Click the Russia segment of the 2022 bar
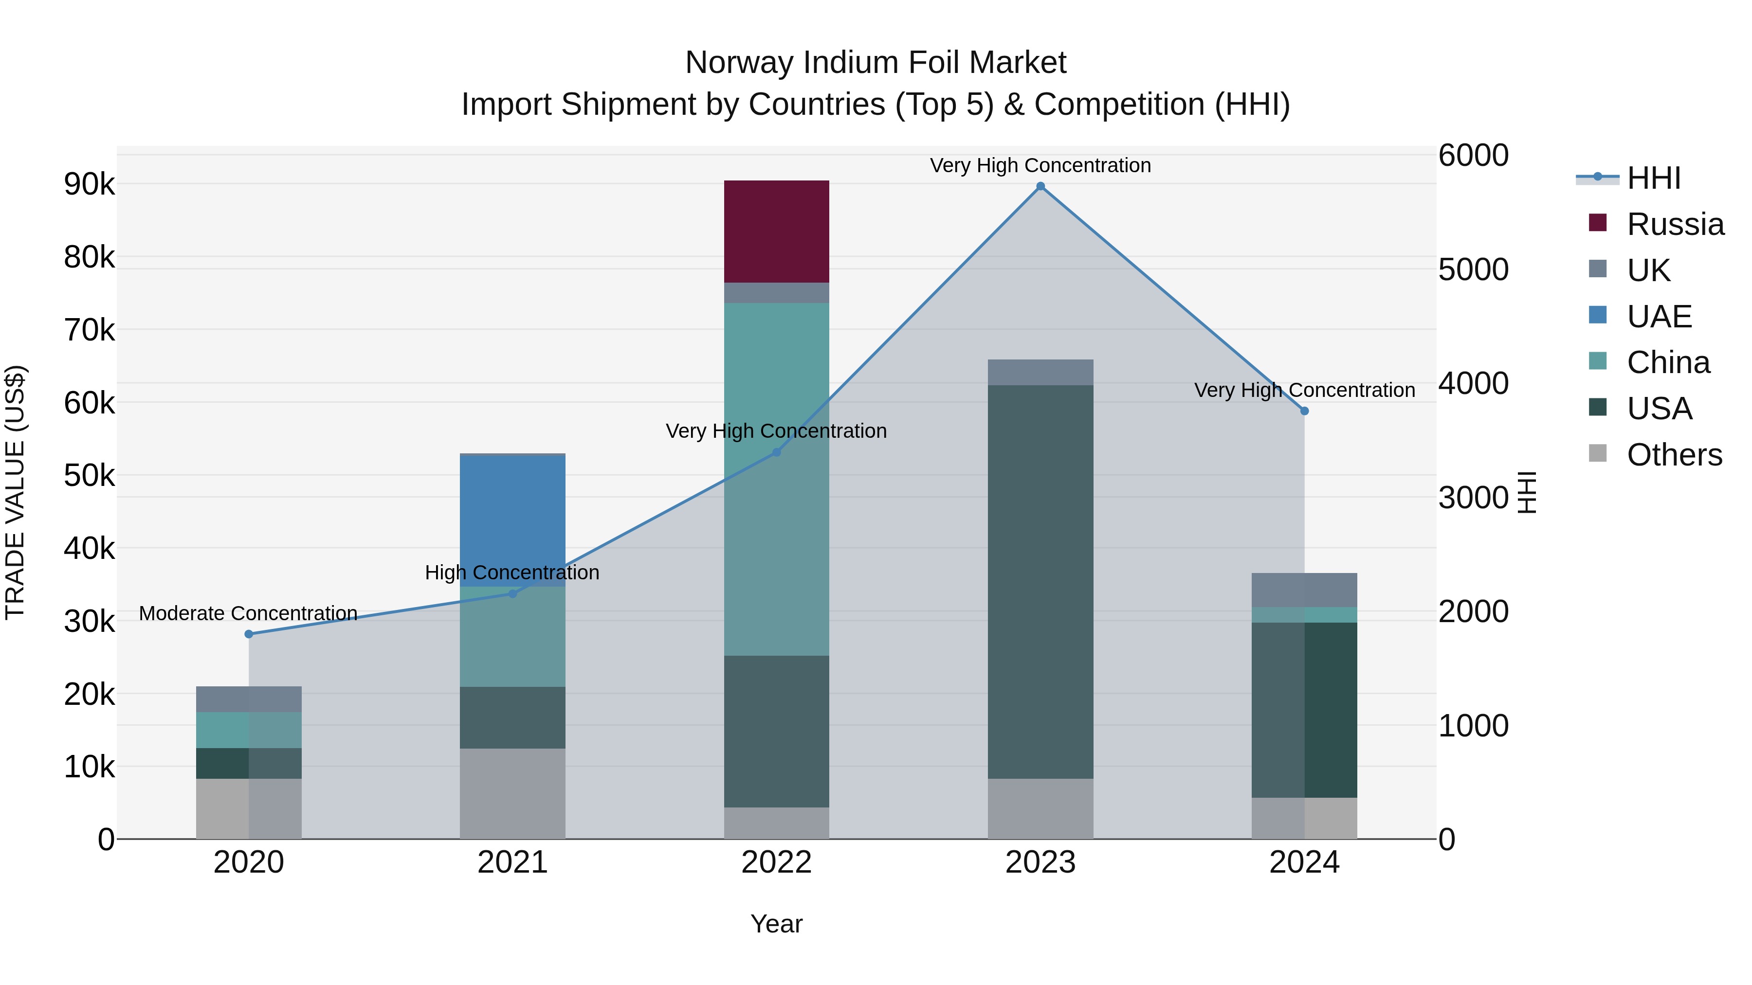point(776,231)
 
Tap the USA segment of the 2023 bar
point(1040,581)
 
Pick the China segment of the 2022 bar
point(776,479)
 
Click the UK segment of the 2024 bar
point(1304,590)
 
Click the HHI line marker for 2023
point(1040,186)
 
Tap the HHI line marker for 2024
point(1304,411)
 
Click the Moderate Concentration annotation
point(248,613)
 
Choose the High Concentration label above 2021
point(512,573)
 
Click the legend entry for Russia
point(1675,224)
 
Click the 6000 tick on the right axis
point(1473,155)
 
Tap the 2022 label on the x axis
point(776,862)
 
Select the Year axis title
point(776,924)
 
